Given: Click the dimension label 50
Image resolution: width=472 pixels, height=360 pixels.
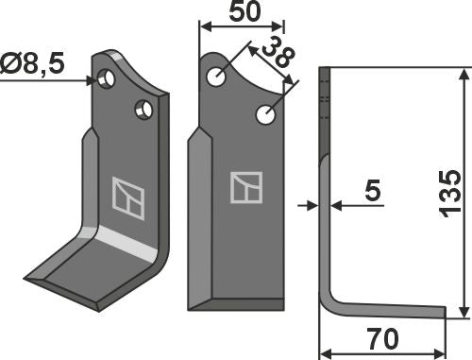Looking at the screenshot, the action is click(245, 11).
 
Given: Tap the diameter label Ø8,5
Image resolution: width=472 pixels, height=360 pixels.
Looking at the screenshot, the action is click(32, 63).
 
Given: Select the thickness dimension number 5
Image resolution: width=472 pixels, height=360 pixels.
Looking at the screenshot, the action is click(373, 190).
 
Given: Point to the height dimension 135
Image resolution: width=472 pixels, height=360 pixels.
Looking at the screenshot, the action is click(450, 194).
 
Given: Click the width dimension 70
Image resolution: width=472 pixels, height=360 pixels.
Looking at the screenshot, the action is click(382, 339).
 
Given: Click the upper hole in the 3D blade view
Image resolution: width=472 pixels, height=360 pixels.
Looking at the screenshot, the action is click(106, 78).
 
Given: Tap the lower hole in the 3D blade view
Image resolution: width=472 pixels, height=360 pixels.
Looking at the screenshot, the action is click(143, 110).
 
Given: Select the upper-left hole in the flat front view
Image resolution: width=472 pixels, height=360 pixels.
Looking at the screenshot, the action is click(216, 77).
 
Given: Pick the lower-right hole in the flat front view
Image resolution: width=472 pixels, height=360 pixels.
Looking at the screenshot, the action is click(266, 114).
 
